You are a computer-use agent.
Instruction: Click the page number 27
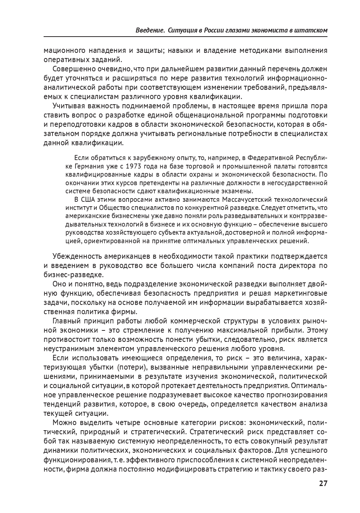[323, 484]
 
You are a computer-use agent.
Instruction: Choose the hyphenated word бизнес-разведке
[68, 275]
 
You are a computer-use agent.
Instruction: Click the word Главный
[65, 320]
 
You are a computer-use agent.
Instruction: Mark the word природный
[102, 432]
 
